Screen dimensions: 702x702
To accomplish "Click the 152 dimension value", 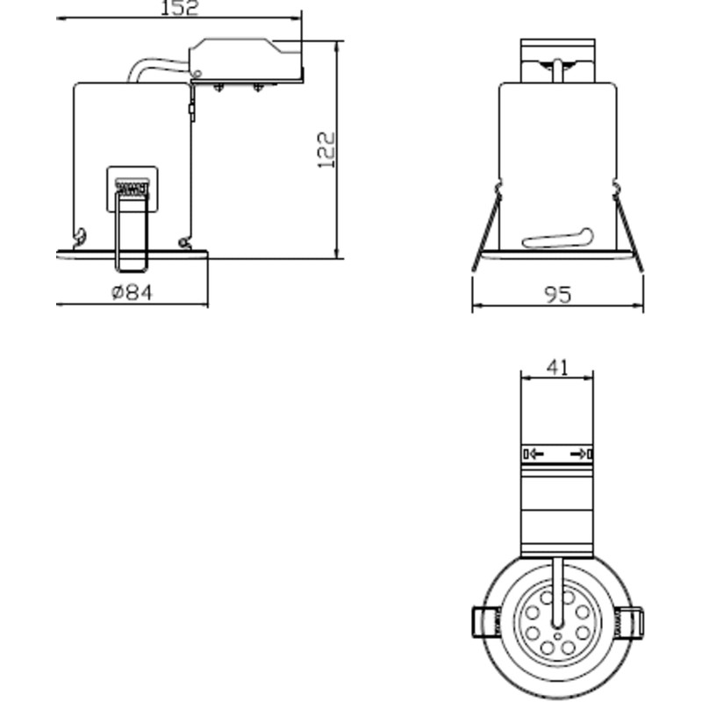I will click(x=180, y=8).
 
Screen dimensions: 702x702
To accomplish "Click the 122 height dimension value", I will click(x=326, y=149).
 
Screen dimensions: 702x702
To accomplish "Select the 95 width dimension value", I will click(x=557, y=295).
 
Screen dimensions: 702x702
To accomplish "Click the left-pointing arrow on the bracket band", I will click(x=534, y=454).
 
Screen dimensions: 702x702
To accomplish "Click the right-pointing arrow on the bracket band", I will click(x=579, y=454).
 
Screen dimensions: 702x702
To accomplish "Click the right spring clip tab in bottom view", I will click(x=632, y=623).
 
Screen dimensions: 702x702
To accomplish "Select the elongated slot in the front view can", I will click(x=557, y=238).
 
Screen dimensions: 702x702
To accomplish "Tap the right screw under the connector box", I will click(x=258, y=87).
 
